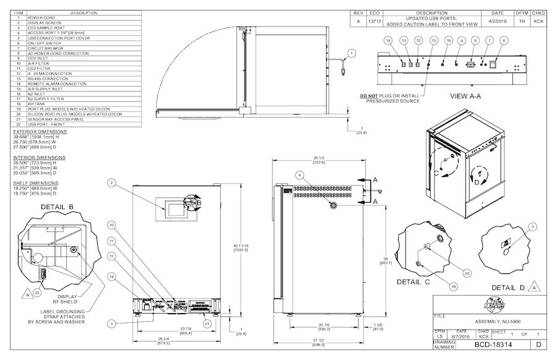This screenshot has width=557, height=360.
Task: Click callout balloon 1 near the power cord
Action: click(352, 54)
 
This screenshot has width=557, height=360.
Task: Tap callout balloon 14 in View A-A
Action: click(388, 40)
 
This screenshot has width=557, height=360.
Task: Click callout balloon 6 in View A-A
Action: click(504, 40)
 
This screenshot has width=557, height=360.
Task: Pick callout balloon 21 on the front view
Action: click(207, 322)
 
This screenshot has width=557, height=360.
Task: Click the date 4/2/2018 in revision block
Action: click(497, 21)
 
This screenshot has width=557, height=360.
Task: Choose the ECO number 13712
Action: click(374, 21)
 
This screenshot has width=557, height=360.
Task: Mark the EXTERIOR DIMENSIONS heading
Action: click(40, 132)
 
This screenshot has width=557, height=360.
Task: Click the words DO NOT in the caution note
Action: click(369, 96)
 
